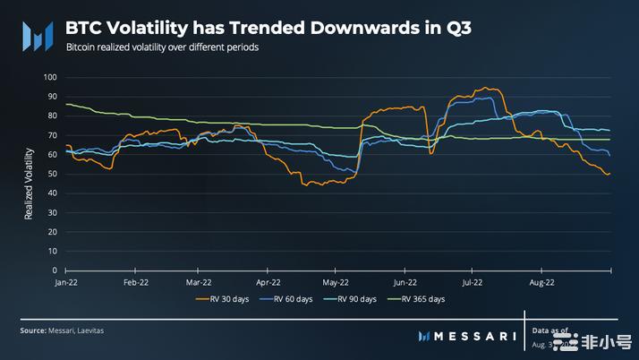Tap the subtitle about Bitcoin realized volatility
coord(162,47)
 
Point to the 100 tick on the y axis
coord(50,77)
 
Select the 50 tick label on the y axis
coord(52,174)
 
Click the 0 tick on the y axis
coord(55,270)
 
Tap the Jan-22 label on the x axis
coord(65,281)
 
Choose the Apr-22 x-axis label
coord(268,281)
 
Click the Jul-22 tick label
coord(473,281)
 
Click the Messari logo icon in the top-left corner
coord(37,35)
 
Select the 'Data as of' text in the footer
coord(550,330)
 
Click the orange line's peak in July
coord(485,88)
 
